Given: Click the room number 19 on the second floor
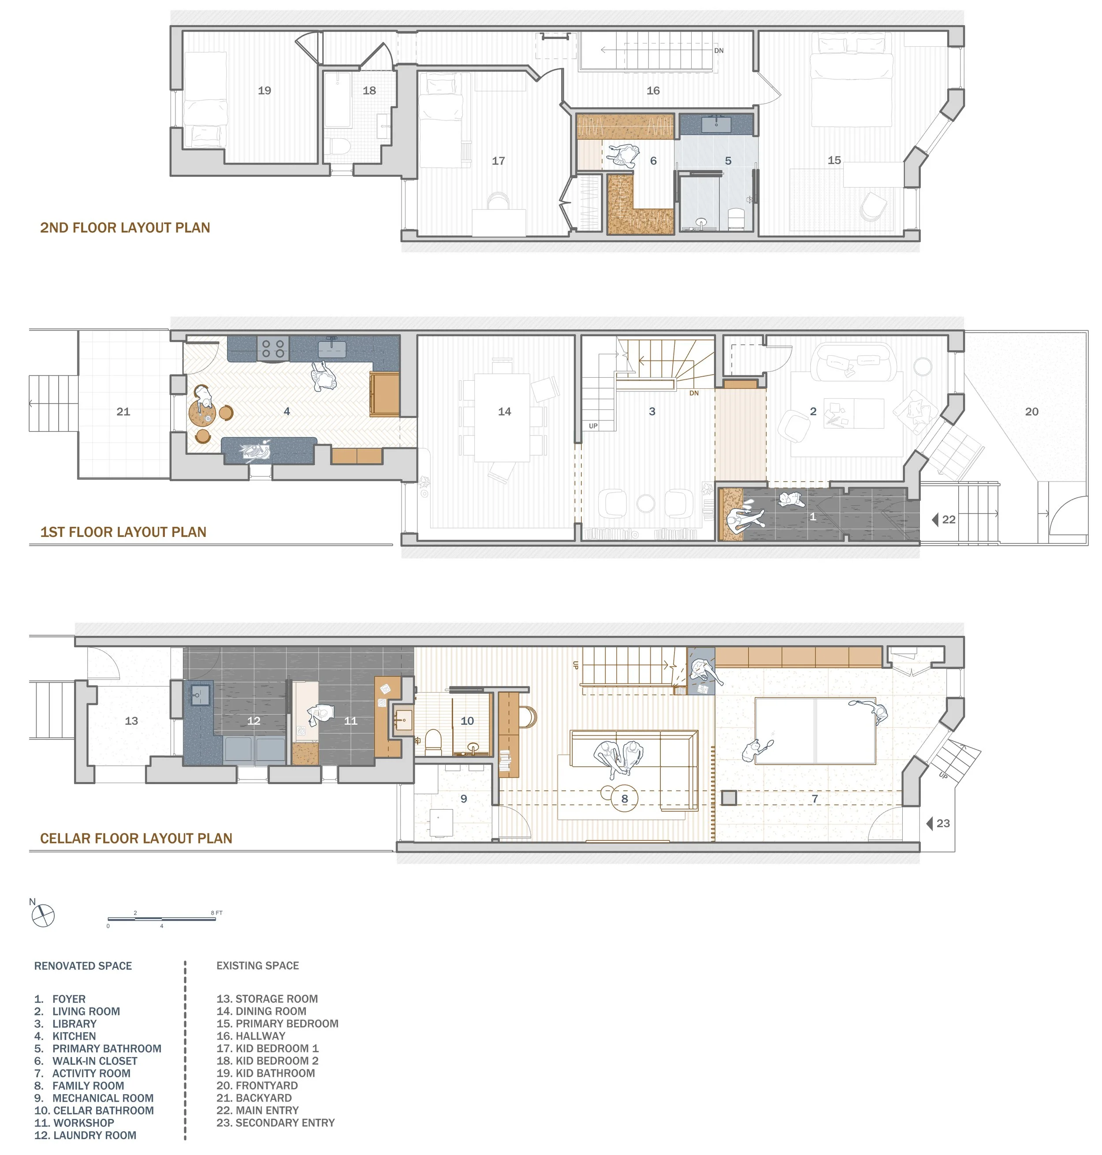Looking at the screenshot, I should (264, 90).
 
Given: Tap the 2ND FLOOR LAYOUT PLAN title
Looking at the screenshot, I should (125, 228).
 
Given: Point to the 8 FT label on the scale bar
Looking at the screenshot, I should (217, 913).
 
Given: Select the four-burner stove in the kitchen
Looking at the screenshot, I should (272, 349).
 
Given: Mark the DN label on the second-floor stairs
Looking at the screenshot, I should (719, 51).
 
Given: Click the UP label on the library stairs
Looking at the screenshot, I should (593, 426).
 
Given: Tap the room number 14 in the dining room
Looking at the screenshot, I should (504, 412).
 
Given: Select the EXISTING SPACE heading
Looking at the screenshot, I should (257, 966).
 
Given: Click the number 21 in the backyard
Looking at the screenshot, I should (123, 412).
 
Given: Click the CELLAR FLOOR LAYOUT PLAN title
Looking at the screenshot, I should (136, 838).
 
